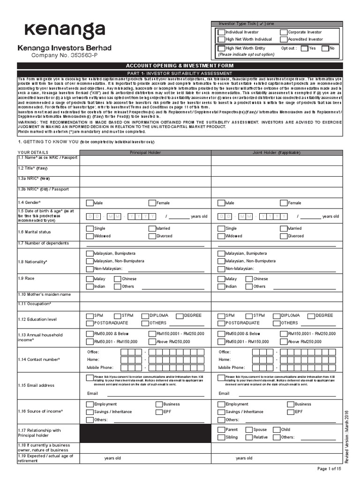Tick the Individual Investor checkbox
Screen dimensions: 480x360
point(221,32)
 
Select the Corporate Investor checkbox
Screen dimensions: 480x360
point(284,32)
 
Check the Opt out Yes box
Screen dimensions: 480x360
point(305,48)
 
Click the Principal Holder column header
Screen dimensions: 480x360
point(145,153)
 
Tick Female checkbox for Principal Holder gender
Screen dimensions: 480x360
point(152,203)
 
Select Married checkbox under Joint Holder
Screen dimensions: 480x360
point(284,228)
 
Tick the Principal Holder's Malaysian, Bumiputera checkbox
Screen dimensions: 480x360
point(90,253)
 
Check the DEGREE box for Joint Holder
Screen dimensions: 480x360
point(312,315)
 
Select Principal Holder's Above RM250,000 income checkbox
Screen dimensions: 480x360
point(152,342)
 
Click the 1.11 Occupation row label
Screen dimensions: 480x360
point(35,304)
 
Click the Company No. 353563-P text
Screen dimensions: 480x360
point(65,55)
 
